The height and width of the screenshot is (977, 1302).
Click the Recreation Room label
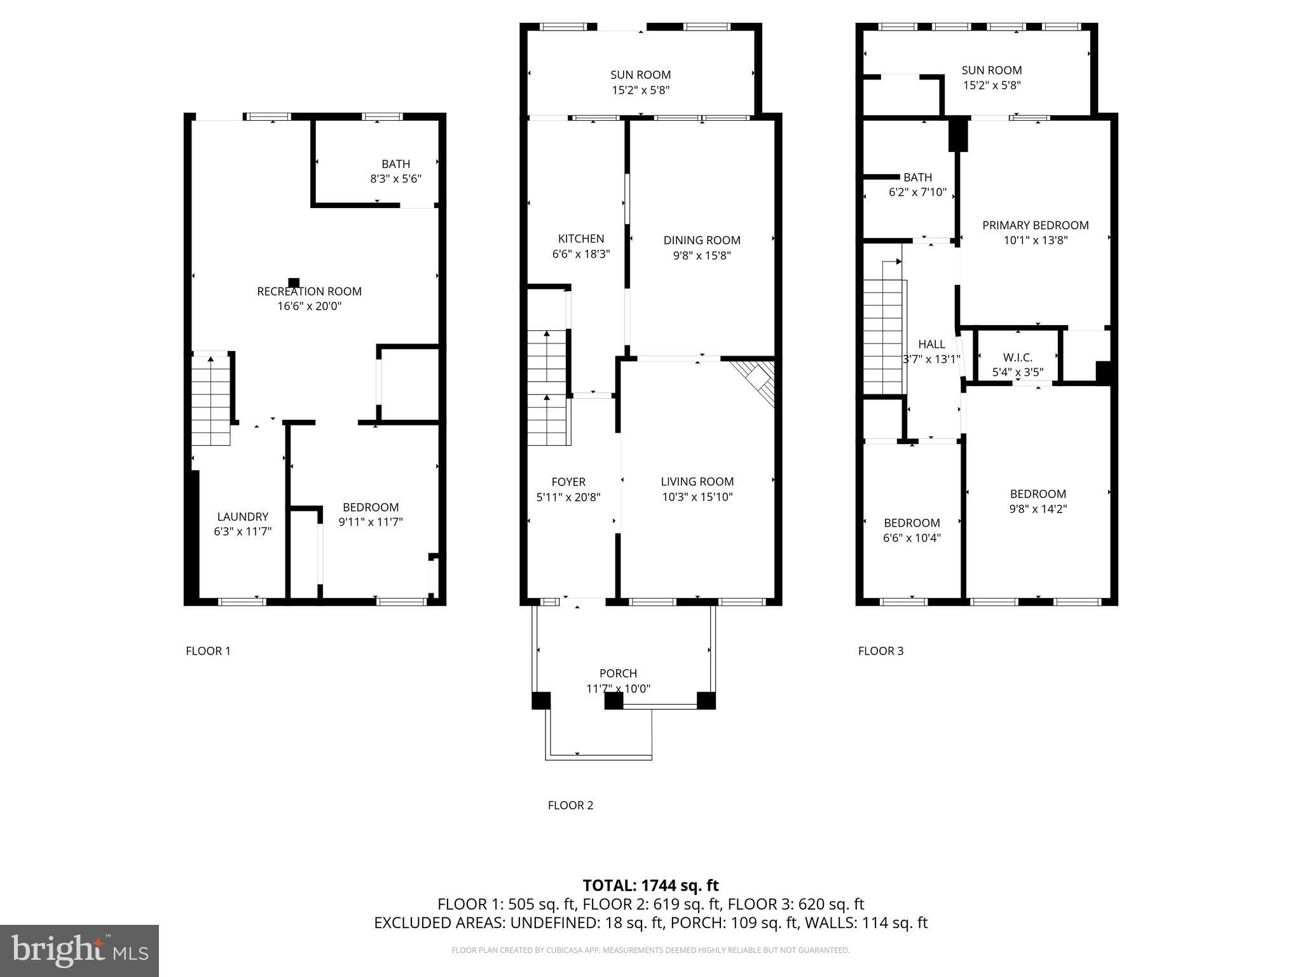(x=309, y=291)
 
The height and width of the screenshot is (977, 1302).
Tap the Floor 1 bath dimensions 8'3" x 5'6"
(x=395, y=179)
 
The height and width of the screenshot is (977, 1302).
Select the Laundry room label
(x=243, y=516)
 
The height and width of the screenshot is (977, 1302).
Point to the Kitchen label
(x=581, y=239)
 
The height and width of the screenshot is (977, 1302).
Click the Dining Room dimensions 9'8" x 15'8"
(x=702, y=256)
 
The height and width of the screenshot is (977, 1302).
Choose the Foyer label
(x=568, y=482)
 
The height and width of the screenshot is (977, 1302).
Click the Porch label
(x=618, y=673)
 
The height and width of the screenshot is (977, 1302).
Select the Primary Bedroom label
(x=1035, y=225)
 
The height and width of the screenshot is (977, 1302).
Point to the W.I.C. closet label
(x=1017, y=357)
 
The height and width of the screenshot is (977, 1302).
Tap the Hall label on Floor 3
(x=931, y=344)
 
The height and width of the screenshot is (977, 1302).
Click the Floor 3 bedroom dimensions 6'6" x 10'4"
(x=912, y=538)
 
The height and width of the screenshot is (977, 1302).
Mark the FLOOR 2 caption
(x=570, y=805)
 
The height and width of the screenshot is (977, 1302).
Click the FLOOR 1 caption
(x=208, y=651)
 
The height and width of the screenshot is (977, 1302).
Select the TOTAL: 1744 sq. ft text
(x=650, y=885)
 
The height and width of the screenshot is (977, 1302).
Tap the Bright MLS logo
(x=79, y=950)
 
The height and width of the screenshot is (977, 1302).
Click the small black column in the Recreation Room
(x=294, y=282)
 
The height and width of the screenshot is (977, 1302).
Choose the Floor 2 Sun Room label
(x=640, y=75)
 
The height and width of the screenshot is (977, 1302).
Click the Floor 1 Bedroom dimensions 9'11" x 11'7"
(x=371, y=523)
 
